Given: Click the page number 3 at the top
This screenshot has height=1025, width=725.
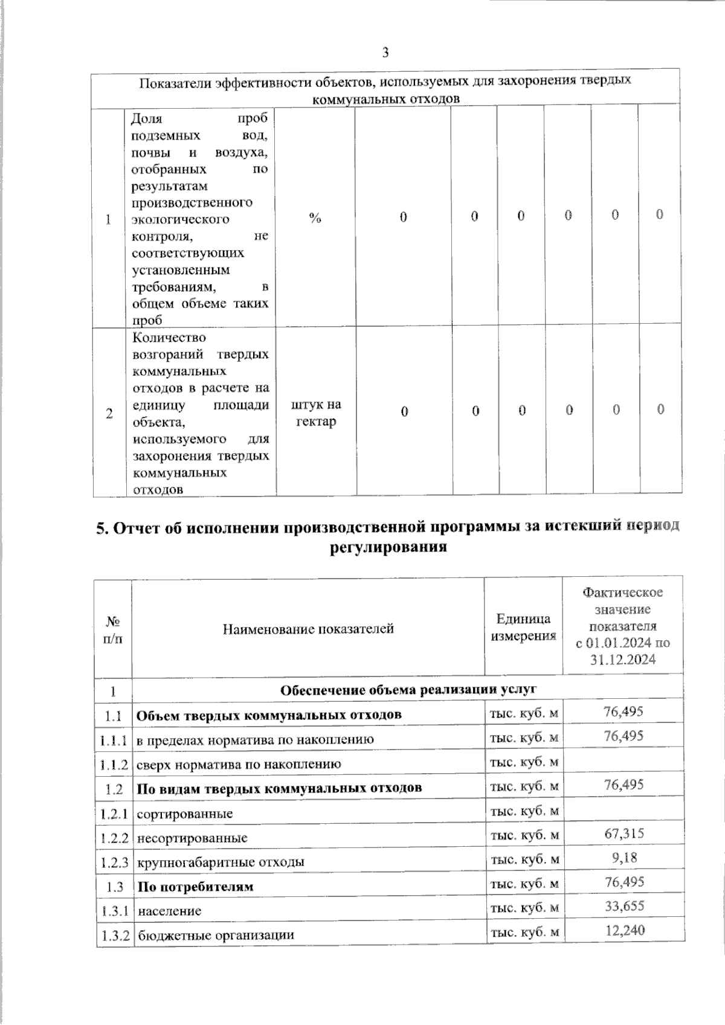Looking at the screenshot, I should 385,53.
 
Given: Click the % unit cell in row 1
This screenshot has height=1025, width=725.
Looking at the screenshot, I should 315,218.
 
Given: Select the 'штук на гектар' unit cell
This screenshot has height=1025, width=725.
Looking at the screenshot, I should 316,413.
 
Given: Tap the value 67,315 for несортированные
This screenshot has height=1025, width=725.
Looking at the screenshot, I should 624,834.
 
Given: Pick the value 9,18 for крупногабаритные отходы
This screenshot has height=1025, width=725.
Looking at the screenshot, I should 624,858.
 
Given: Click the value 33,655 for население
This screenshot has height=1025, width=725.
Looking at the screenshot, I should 624,906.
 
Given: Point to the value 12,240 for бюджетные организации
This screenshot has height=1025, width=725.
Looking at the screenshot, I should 625,931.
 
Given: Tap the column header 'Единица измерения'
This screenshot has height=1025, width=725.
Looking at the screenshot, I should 523,627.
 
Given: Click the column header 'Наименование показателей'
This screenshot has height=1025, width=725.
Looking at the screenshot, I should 308,629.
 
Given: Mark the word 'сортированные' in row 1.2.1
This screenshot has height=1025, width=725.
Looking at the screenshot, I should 184,814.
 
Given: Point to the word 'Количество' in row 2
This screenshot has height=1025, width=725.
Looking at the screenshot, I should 169,338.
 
